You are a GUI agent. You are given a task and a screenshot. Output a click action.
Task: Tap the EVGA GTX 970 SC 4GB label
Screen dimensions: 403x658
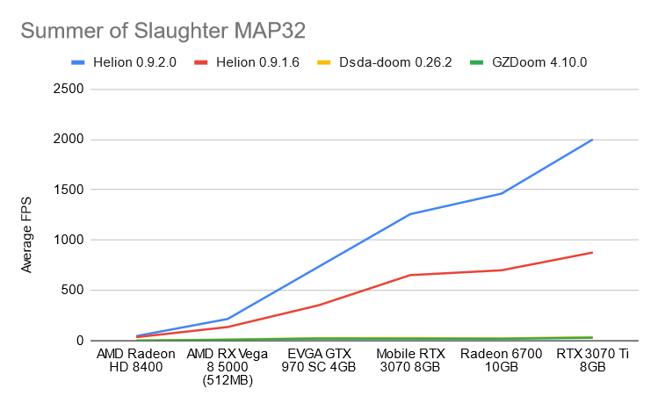click(319, 361)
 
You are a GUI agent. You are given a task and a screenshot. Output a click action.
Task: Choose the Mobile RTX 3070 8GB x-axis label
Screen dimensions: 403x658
click(409, 361)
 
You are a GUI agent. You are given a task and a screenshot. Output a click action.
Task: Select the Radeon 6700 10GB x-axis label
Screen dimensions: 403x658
click(501, 361)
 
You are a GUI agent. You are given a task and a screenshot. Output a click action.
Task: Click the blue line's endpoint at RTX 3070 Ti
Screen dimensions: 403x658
click(592, 140)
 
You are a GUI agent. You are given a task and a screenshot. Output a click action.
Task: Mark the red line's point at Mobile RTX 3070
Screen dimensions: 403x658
click(410, 275)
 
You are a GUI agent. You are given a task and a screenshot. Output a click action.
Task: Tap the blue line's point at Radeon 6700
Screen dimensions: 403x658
click(501, 193)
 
